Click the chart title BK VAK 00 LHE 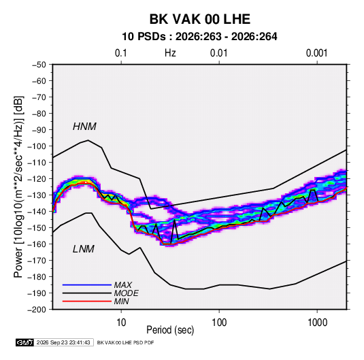200,19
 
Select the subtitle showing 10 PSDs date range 199,37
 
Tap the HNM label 84,127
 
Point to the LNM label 84,249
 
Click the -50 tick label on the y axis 39,65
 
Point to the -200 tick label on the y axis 37,310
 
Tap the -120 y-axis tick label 37,179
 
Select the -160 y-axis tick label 37,244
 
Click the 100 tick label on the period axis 219,323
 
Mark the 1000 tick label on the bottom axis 317,323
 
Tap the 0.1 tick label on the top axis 121,53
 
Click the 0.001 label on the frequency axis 317,53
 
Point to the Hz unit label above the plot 170,53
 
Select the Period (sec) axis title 170,330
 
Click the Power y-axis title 18,187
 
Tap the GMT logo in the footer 25,342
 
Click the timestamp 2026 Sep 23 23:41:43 63,342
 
